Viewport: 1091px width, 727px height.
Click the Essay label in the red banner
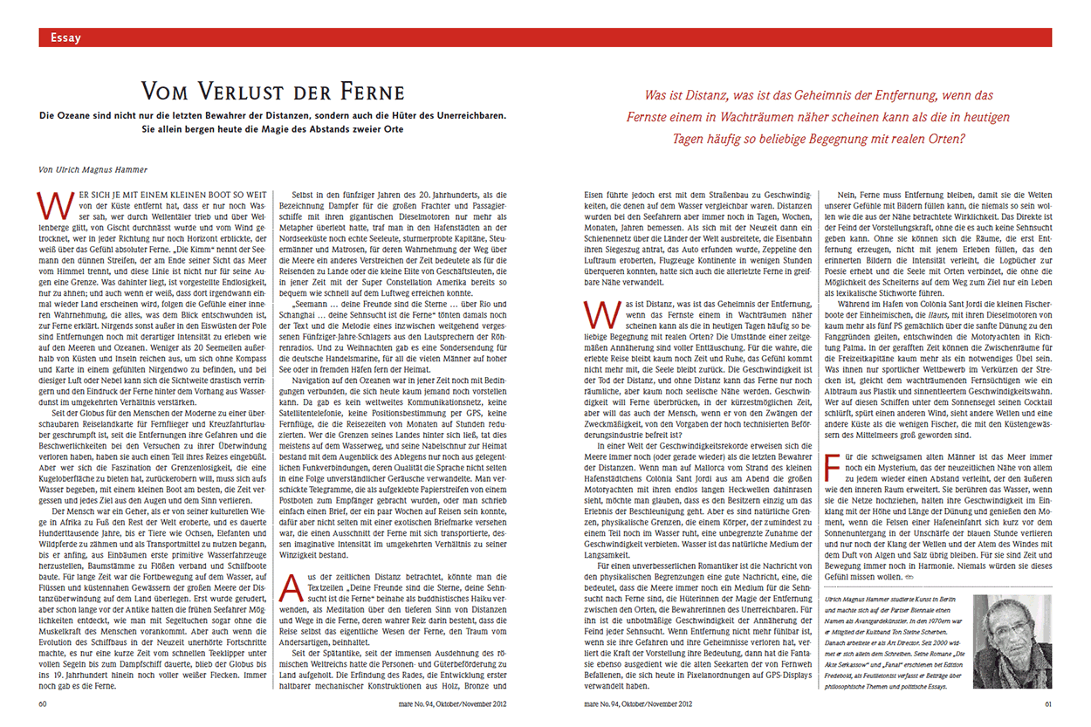pyautogui.click(x=66, y=38)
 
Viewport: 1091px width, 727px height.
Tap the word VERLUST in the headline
pyautogui.click(x=244, y=93)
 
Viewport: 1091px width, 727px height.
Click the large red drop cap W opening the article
pyautogui.click(x=50, y=202)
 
